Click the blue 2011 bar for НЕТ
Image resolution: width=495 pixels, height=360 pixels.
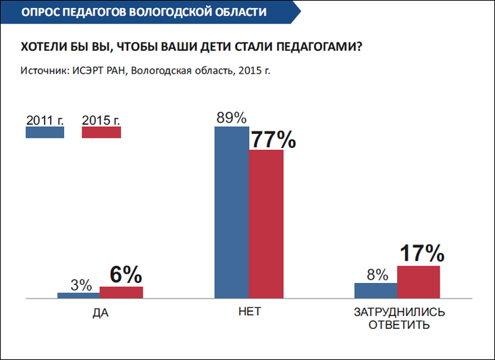[x=232, y=212]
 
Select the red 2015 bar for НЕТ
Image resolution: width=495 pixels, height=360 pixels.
[x=266, y=224]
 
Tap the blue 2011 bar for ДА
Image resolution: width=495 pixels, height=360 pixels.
[x=78, y=295]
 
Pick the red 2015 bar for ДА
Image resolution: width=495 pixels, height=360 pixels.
[x=121, y=292]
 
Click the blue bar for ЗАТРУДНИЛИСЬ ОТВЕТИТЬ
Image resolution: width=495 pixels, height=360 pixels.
[x=375, y=290]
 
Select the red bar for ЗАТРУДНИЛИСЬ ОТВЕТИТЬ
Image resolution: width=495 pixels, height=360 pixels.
[x=418, y=282]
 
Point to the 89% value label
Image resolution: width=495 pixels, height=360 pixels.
[x=231, y=118]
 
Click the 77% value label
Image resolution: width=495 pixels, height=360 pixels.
[x=273, y=140]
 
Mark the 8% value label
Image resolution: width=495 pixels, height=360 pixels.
[x=377, y=275]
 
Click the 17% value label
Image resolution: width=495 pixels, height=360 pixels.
[x=422, y=254]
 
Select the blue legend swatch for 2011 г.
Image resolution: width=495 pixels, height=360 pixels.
[x=45, y=132]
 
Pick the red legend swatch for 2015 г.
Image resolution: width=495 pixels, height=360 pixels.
[x=101, y=132]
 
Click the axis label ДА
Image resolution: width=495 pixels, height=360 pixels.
[x=101, y=313]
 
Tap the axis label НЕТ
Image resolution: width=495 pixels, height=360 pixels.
[x=249, y=313]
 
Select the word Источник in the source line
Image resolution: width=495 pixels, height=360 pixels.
[x=44, y=70]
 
